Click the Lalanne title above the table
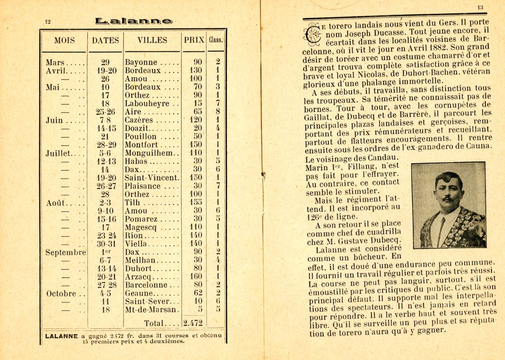(x=134, y=21)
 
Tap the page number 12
(x=48, y=22)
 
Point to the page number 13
(x=480, y=7)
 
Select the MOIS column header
(x=65, y=40)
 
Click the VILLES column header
(x=152, y=40)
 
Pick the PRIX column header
(x=194, y=40)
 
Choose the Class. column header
(x=216, y=40)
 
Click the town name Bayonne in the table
(x=141, y=63)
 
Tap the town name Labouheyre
(x=145, y=104)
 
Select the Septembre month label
(x=66, y=252)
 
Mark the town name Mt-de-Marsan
(x=151, y=310)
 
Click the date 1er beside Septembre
(x=105, y=252)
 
